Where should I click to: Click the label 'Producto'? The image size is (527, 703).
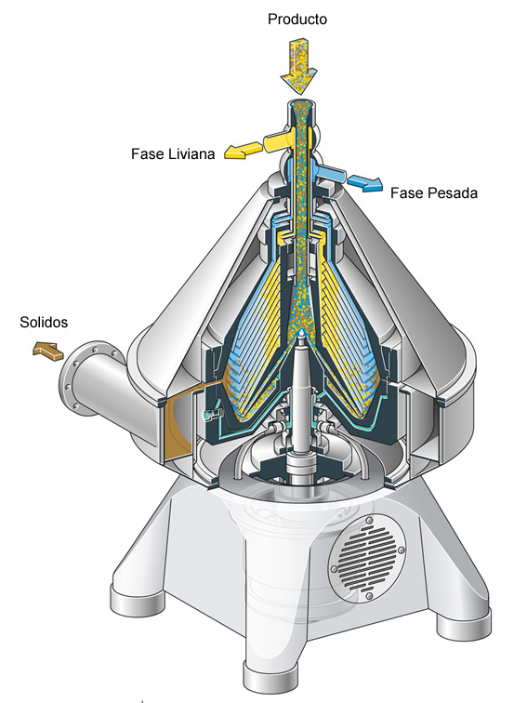297,19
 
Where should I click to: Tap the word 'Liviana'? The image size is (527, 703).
191,153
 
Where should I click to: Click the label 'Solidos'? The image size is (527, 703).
44,322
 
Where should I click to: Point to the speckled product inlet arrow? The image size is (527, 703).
299,66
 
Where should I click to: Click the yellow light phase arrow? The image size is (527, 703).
244,151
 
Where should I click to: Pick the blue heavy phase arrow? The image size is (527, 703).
365,182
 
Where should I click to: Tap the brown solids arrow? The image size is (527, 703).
48,351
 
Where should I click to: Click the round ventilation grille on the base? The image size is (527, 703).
367,558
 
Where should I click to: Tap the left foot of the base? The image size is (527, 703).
138,600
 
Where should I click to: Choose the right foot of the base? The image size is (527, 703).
464,622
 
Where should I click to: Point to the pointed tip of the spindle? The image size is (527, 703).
301,332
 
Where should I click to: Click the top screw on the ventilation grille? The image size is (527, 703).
369,521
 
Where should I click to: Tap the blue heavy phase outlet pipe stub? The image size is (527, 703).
331,173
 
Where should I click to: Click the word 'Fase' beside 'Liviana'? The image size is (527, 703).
148,153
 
